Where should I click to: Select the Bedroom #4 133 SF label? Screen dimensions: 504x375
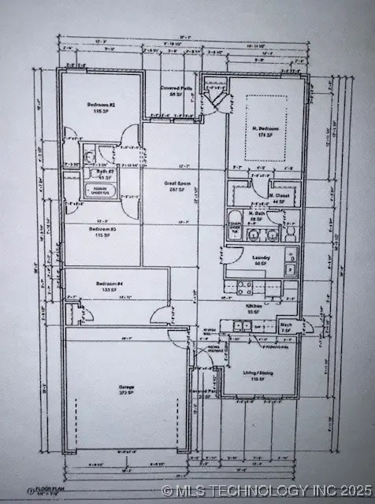point(107,286)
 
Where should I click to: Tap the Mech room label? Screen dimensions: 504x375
point(285,324)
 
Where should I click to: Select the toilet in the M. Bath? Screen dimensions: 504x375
point(289,234)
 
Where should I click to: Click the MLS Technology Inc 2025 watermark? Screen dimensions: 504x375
point(268,490)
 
